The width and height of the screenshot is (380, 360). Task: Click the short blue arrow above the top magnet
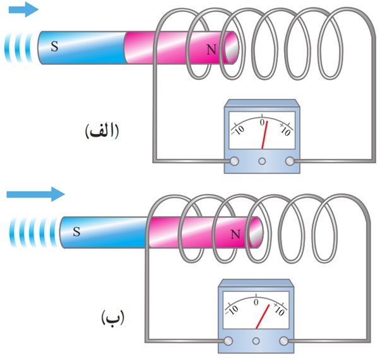click(x=23, y=9)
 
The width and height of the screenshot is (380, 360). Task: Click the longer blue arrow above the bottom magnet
click(x=35, y=194)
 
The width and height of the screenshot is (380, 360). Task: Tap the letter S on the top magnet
click(x=54, y=46)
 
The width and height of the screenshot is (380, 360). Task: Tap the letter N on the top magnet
click(x=211, y=50)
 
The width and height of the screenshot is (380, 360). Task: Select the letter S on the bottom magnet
click(x=76, y=231)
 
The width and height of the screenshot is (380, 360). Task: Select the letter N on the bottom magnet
click(x=235, y=235)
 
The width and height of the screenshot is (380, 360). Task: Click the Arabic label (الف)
click(x=102, y=131)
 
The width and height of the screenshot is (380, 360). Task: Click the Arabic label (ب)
click(x=112, y=318)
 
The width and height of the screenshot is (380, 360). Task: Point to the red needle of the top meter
click(x=264, y=135)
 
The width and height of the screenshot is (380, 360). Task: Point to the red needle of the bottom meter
click(x=263, y=316)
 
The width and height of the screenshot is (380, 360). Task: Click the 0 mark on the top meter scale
click(x=262, y=122)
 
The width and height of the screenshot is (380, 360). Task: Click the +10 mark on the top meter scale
click(x=285, y=129)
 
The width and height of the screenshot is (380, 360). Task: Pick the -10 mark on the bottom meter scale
click(x=232, y=310)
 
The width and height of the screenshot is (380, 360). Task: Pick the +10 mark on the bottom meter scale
click(x=279, y=310)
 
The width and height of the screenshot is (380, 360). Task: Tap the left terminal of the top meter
click(x=234, y=161)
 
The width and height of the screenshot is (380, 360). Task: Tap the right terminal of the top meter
click(x=290, y=161)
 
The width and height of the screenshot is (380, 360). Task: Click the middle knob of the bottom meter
click(x=256, y=341)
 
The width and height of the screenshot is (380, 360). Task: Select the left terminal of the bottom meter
click(x=228, y=341)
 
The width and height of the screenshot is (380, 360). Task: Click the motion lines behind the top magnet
click(x=18, y=48)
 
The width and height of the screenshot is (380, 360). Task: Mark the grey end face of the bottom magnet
click(x=257, y=233)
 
